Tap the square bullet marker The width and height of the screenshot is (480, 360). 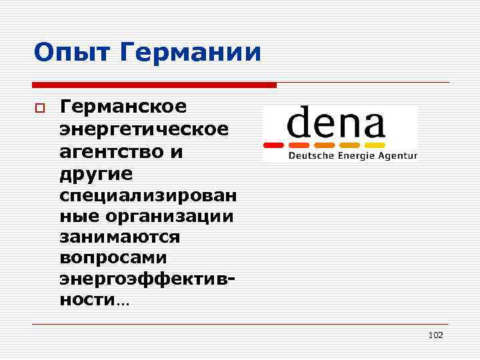[x=39, y=108]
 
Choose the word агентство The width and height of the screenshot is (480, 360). [x=111, y=152]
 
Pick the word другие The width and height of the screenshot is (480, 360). [x=97, y=174]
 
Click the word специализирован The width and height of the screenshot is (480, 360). [x=147, y=197]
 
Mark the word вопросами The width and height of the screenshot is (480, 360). [x=113, y=257]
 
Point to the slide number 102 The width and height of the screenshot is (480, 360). [x=435, y=335]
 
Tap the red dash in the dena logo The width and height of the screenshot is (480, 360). [x=275, y=145]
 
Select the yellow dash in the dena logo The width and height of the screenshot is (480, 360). [x=375, y=145]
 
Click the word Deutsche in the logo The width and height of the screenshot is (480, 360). [x=309, y=156]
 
